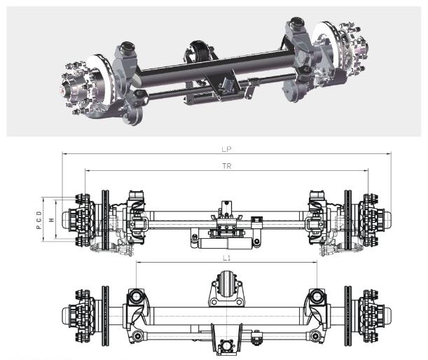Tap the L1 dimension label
[x=227, y=258]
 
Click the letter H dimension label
[x=52, y=219]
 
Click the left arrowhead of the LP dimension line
[x=63, y=153]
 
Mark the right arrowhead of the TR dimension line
[x=366, y=171]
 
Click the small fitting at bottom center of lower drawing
[x=226, y=347]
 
